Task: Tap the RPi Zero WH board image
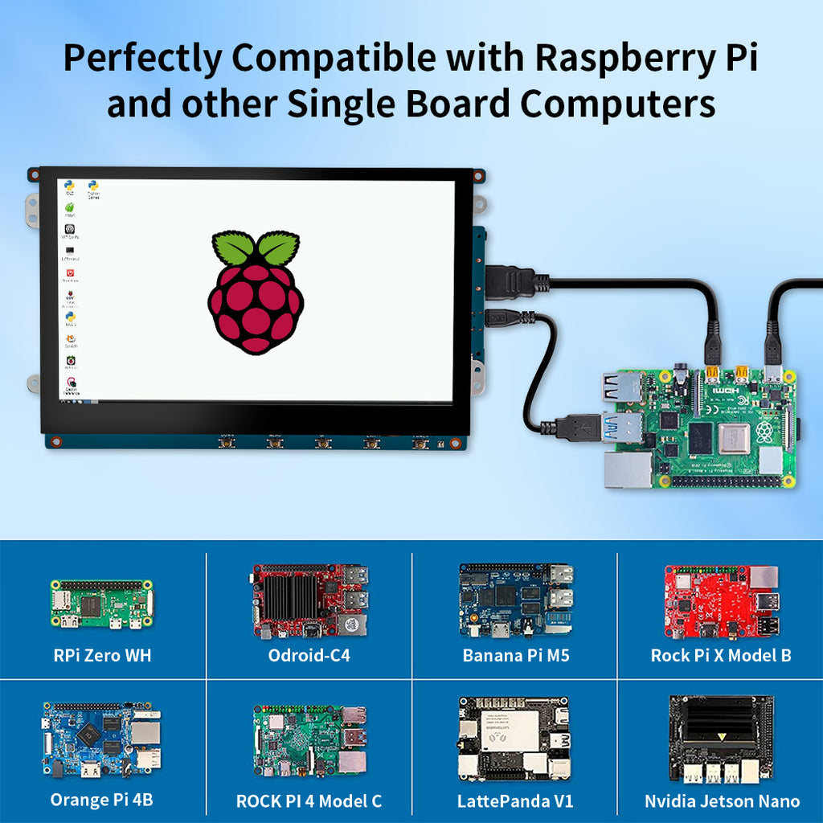[x=102, y=604]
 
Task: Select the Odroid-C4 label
[x=309, y=655]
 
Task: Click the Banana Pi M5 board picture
[x=516, y=600]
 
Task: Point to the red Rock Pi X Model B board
[x=721, y=601]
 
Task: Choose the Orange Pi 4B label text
[x=101, y=800]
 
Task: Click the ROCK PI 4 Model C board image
[x=309, y=740]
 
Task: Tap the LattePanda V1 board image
[x=514, y=739]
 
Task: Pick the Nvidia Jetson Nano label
[x=722, y=801]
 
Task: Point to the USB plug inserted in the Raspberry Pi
[x=579, y=427]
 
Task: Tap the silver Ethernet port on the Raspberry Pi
[x=629, y=469]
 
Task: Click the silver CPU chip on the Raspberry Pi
[x=734, y=438]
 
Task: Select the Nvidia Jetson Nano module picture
[x=721, y=738]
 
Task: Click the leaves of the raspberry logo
[x=256, y=248]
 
